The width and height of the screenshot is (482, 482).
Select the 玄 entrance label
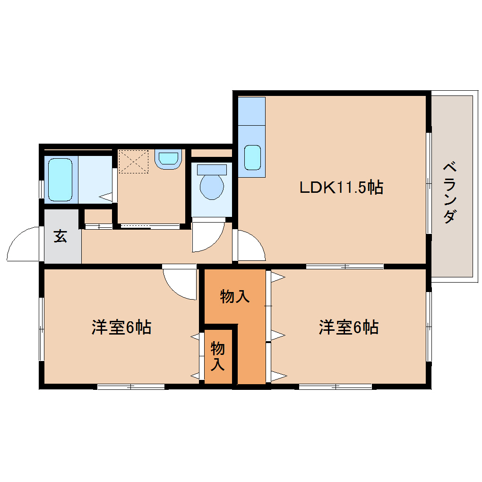click(x=60, y=236)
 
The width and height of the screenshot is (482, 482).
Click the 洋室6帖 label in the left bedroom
click(x=121, y=327)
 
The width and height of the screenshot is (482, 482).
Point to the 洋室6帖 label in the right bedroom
click(x=349, y=327)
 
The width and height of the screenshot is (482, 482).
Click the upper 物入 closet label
click(x=234, y=297)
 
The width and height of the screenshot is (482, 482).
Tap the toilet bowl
click(x=211, y=186)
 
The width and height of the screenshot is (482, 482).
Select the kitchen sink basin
click(x=252, y=157)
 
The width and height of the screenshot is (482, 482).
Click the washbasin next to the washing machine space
click(x=168, y=158)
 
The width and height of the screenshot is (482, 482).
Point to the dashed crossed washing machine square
click(x=133, y=162)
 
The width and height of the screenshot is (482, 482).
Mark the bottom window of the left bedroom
click(x=131, y=387)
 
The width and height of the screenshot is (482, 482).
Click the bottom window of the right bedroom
click(x=335, y=387)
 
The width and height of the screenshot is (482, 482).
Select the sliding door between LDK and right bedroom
click(x=344, y=267)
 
